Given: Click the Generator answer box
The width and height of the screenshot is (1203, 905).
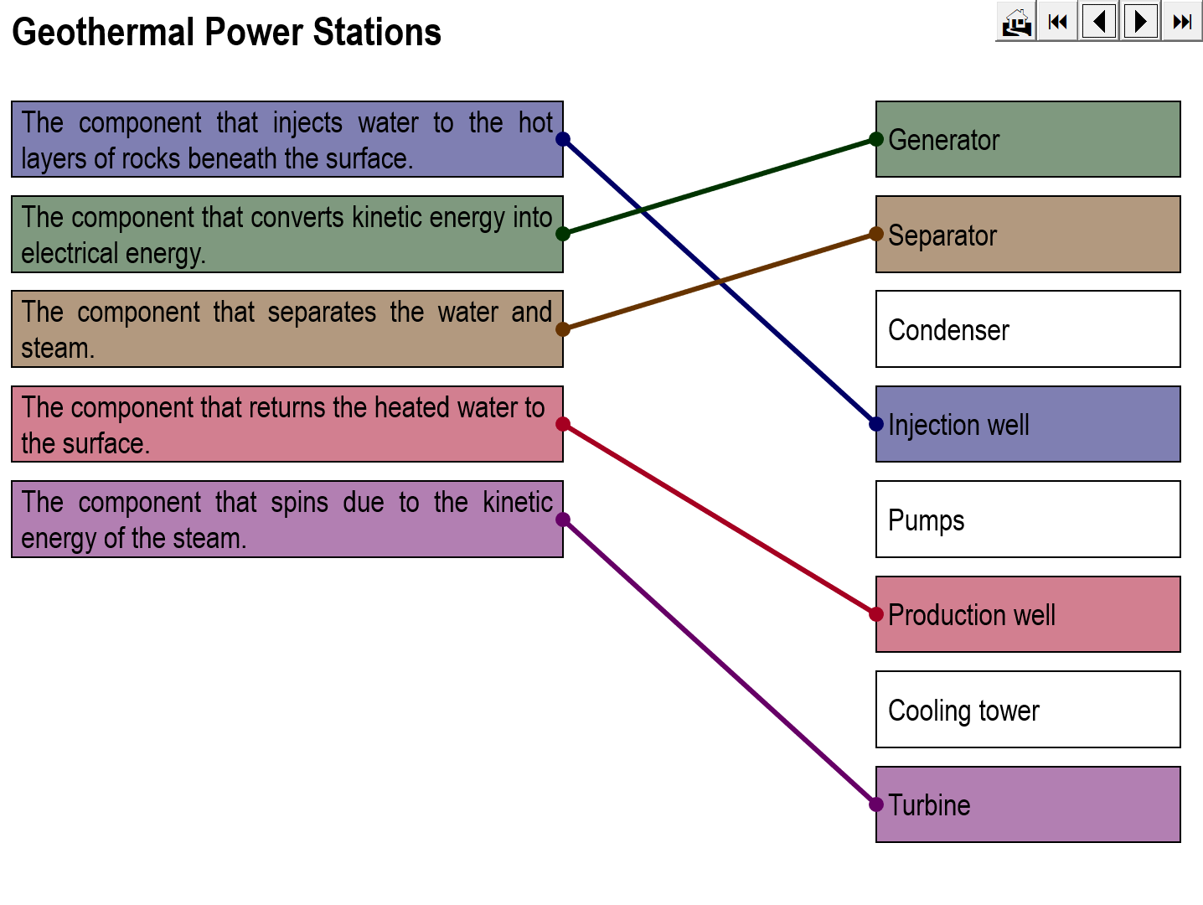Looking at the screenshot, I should coord(1028,139).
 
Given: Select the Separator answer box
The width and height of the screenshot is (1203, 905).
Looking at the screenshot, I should coord(1028,235).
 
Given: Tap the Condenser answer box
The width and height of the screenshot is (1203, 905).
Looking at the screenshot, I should coord(1028,329).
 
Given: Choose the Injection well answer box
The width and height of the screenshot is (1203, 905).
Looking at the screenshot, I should coord(1028,424).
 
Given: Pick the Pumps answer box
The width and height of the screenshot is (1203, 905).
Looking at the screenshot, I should coord(1028,520).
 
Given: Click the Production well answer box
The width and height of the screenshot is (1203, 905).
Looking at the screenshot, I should coord(1028,614).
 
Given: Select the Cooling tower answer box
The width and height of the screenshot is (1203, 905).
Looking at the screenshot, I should coord(1028,710).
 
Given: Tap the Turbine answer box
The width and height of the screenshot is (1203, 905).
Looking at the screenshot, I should coord(1028,804).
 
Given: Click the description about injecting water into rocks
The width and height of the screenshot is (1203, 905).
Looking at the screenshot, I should coord(287,139).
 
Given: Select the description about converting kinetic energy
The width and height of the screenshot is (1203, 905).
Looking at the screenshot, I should coord(287,235).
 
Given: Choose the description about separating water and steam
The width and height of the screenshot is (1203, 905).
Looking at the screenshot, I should coord(287,329).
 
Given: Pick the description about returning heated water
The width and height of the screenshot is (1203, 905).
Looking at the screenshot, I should coord(287,424).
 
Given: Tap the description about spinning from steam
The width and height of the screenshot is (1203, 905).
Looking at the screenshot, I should coord(287,520).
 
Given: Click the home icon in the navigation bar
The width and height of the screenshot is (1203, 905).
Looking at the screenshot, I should coord(1016,22).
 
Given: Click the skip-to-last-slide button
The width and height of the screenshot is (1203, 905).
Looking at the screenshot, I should coord(1182,22).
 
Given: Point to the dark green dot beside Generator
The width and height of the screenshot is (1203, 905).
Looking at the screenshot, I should coord(876,139).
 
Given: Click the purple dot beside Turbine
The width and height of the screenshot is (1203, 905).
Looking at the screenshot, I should coord(876,804).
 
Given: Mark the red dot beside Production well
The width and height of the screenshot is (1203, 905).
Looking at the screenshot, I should coord(876,614).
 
